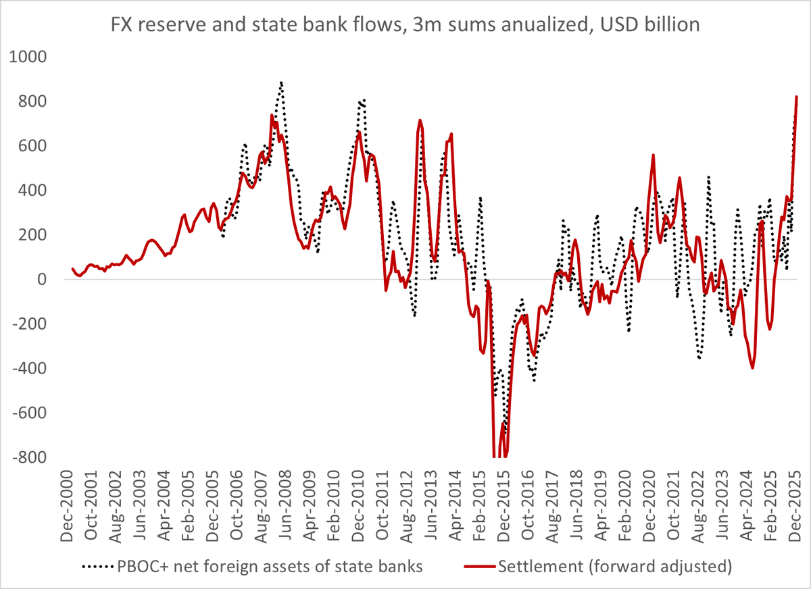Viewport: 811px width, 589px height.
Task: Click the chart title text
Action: click(405, 26)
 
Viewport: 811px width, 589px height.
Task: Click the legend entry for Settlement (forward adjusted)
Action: click(614, 566)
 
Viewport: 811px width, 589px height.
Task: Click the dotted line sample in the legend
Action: click(99, 566)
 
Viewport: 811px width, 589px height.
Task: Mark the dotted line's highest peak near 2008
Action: click(280, 83)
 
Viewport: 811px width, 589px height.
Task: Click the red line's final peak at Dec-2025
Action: click(797, 97)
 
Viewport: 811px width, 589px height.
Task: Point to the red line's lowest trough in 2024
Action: click(752, 367)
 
